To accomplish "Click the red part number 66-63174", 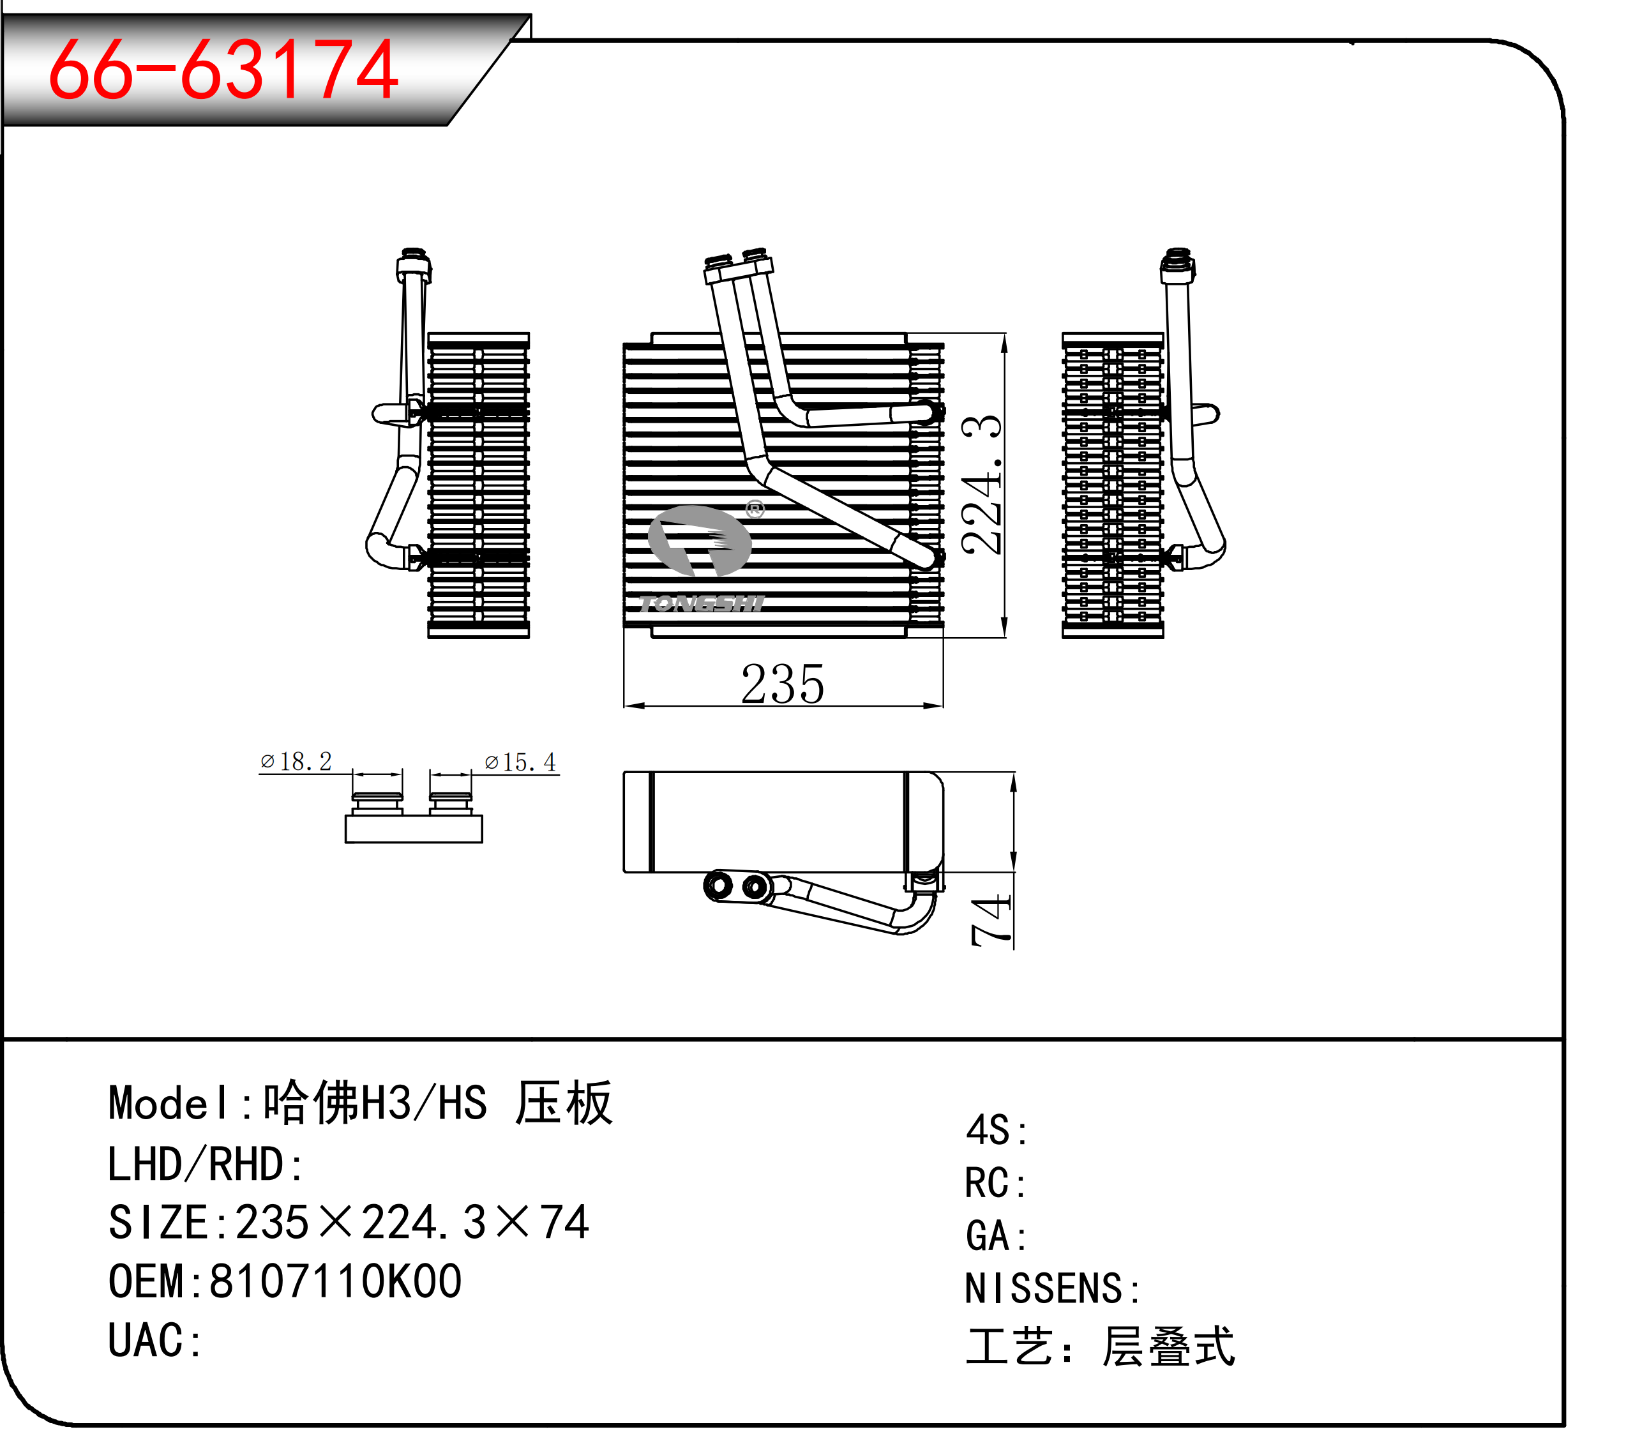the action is pyautogui.click(x=223, y=70).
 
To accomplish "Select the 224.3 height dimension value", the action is pyautogui.click(x=982, y=485).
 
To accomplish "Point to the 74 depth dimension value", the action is pyautogui.click(x=991, y=921).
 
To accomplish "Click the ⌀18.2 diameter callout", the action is pyautogui.click(x=296, y=762).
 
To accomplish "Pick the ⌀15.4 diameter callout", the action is pyautogui.click(x=520, y=762).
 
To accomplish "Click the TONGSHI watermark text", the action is pyautogui.click(x=702, y=604).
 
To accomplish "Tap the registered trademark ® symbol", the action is pyautogui.click(x=755, y=509).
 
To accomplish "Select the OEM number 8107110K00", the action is pyautogui.click(x=336, y=1282).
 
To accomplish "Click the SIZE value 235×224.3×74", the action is pyautogui.click(x=412, y=1223).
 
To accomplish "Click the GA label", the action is pyautogui.click(x=995, y=1236).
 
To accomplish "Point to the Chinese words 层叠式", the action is pyautogui.click(x=1168, y=1347).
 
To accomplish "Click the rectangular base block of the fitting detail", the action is pyautogui.click(x=414, y=829).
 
